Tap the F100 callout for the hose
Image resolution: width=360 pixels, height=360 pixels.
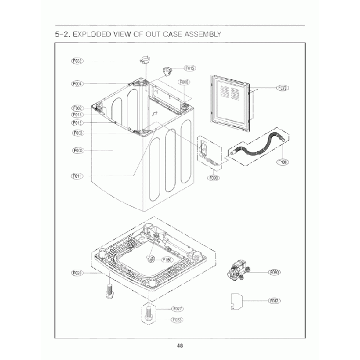282,162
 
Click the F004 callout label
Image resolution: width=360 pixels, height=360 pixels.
77,84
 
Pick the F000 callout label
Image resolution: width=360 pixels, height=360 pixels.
77,150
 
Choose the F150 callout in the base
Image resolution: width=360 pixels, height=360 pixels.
167,260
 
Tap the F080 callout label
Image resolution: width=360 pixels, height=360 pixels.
274,272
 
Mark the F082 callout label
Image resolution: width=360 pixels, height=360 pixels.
274,301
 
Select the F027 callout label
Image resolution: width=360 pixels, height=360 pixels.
178,308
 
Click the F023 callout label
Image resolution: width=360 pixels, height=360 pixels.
178,320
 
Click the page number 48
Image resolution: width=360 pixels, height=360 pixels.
180,346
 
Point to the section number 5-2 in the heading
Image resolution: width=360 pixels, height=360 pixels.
61,34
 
